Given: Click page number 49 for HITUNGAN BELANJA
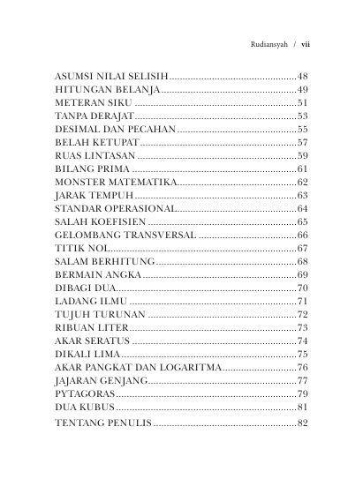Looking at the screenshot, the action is pos(302,91).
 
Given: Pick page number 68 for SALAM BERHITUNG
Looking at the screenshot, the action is pos(302,262).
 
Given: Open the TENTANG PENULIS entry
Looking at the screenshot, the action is pos(102,424).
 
